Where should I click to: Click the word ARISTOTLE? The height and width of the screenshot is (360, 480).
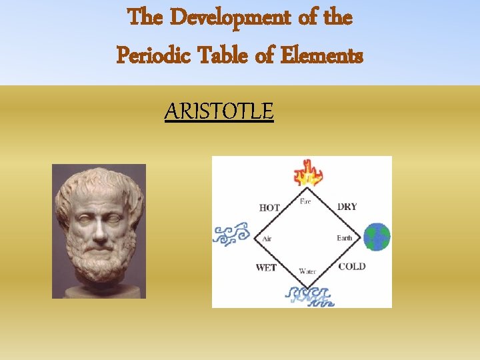219,111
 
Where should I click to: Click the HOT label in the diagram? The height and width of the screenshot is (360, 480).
269,207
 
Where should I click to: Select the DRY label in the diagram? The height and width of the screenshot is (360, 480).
347,207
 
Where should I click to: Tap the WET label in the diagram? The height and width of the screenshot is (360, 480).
266,268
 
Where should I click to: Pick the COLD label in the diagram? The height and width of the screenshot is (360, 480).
351,267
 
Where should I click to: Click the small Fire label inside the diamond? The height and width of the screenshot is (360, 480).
305,201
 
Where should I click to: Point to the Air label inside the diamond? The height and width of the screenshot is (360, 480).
267,238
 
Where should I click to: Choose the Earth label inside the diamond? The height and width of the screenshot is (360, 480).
344,238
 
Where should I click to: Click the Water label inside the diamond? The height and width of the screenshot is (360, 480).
307,271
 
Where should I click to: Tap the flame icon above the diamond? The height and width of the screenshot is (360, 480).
308,173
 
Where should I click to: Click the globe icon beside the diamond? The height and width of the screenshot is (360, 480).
377,237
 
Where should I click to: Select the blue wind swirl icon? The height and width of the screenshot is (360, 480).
230,235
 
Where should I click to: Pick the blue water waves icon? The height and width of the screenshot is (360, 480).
308,295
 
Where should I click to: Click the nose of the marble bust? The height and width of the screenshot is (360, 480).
99,231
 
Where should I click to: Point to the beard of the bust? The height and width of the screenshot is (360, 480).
100,263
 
